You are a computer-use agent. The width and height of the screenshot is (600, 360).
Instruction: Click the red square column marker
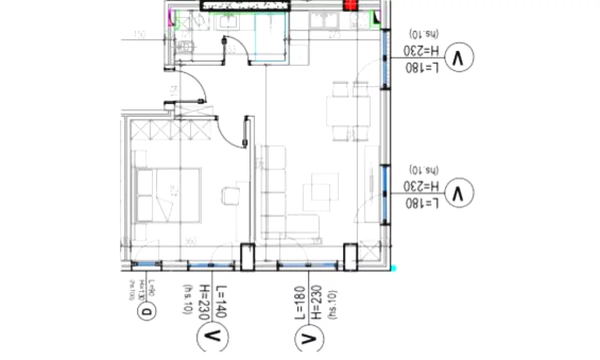[x=350, y=5]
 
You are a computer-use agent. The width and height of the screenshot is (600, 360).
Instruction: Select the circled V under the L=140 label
[x=213, y=336]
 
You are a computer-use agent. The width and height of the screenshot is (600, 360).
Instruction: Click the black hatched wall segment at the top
[x=245, y=5]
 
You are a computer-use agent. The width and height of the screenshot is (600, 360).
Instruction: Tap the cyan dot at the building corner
[x=394, y=268]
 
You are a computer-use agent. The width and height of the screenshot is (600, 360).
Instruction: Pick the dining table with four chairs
[x=348, y=111]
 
